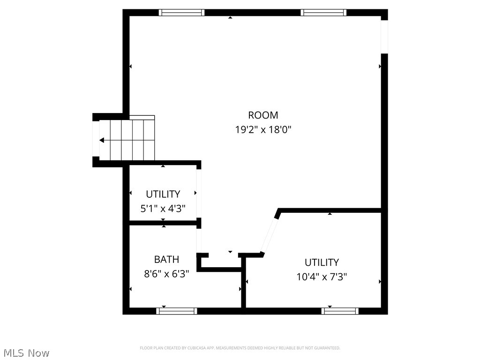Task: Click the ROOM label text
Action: click(263, 115)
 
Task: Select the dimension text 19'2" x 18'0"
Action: click(263, 129)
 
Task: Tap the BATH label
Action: click(166, 259)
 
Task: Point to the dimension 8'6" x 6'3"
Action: click(166, 274)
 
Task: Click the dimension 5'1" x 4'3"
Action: click(163, 209)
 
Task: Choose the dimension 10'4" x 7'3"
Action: click(322, 277)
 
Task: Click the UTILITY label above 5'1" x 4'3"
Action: click(163, 194)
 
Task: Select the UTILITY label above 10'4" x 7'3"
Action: click(322, 262)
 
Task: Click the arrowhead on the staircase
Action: click(102, 140)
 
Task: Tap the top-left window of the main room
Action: click(181, 13)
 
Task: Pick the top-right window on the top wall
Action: click(323, 13)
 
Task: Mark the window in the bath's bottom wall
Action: click(177, 311)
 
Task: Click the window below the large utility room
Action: click(340, 311)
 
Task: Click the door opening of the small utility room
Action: click(199, 193)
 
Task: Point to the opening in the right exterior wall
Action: click(384, 37)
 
